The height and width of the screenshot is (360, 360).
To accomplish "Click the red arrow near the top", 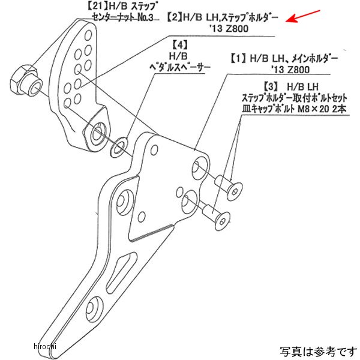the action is (x=303, y=16).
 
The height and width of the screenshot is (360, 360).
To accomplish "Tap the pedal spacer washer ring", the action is (x=119, y=147).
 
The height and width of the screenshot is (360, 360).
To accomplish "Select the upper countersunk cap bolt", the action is (x=229, y=187).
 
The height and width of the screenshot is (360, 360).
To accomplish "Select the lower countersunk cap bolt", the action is (x=217, y=214).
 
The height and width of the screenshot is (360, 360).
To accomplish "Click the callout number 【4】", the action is (x=180, y=45).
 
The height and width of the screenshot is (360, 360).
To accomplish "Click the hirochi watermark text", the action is (x=45, y=346).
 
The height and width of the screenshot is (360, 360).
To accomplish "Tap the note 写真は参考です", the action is (x=319, y=352).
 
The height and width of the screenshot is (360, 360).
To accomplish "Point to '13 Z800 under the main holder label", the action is (x=291, y=70).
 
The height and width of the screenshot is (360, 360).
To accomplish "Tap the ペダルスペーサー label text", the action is (x=180, y=67).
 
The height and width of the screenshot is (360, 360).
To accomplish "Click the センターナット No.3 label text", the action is (x=122, y=17).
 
